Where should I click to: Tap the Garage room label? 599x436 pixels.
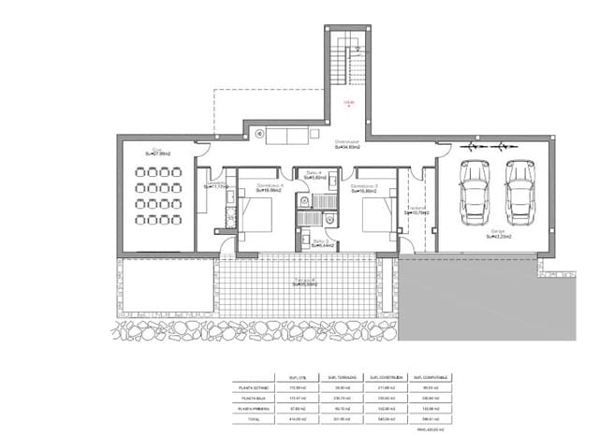[497, 235]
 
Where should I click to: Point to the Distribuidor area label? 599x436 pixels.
[348, 143]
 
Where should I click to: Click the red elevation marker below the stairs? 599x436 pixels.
[348, 103]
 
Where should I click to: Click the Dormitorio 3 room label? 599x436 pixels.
[363, 188]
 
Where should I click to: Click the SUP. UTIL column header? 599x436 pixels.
[297, 375]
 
